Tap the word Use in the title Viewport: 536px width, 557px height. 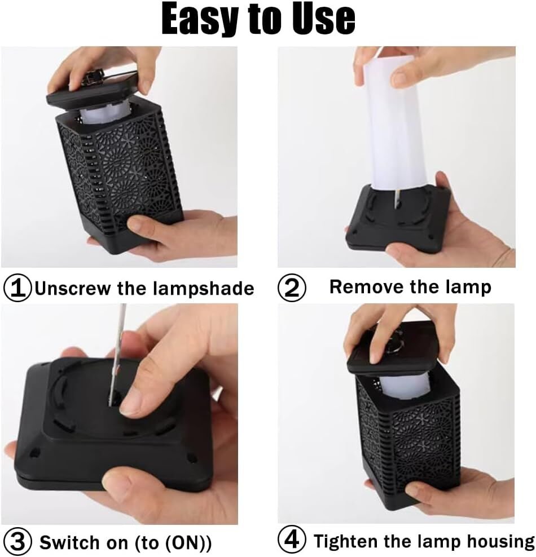323,19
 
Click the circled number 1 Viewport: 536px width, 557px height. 17,288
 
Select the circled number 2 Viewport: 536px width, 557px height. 292,288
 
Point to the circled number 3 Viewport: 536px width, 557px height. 17,542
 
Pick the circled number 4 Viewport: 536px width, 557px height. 292,540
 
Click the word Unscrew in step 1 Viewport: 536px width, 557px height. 73,288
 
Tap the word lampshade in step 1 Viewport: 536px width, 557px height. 204,289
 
